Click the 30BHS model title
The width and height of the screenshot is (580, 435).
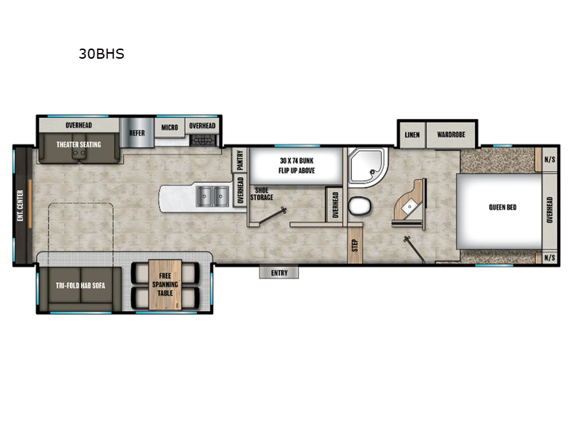(101, 54)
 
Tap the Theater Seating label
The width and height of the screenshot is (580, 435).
(80, 144)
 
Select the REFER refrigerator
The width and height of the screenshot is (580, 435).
(137, 133)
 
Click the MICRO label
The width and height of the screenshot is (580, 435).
(170, 127)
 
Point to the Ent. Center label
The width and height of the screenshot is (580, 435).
(20, 204)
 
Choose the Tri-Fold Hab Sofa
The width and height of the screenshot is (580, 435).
(80, 286)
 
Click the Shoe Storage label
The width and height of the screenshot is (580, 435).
(262, 193)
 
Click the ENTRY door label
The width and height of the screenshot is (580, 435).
(279, 273)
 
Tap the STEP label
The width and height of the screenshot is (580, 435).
(355, 245)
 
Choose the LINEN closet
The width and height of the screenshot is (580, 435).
(412, 135)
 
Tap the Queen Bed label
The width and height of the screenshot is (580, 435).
(502, 207)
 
